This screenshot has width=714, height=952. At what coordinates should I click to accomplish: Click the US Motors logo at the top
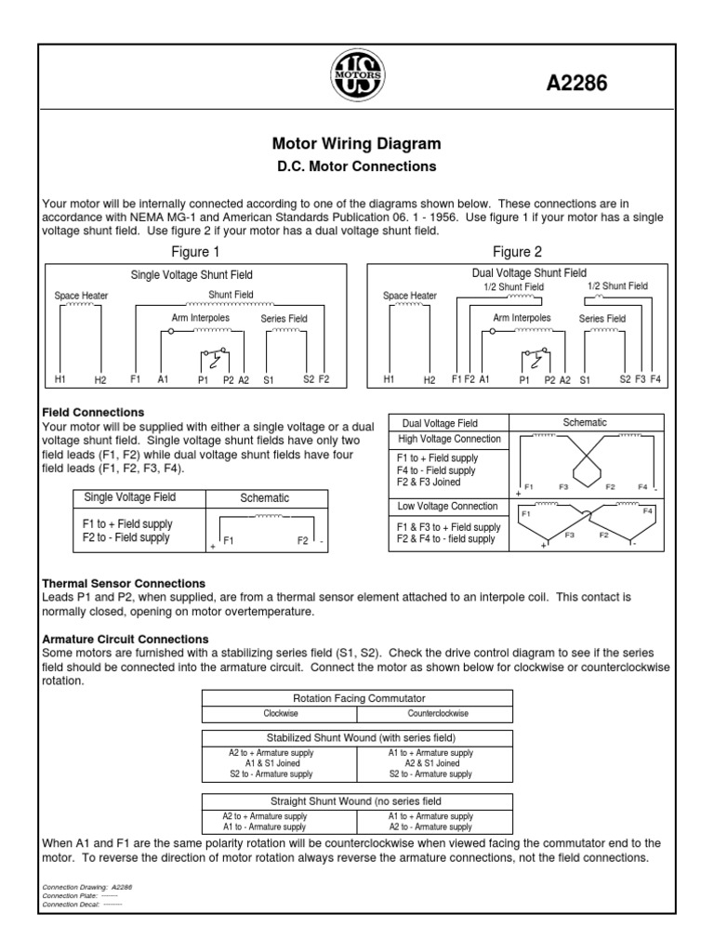click(357, 71)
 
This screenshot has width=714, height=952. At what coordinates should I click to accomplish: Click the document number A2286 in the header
click(575, 85)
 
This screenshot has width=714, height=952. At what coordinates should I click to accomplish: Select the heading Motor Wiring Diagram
click(356, 145)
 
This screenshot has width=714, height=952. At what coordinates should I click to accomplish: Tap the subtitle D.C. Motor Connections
click(357, 167)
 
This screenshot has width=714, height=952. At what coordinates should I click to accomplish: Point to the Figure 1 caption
click(196, 251)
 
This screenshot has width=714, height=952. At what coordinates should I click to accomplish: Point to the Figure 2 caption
click(517, 251)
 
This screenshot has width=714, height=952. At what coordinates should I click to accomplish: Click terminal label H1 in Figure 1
click(60, 379)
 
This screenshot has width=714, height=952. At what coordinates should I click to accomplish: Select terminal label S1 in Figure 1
click(270, 379)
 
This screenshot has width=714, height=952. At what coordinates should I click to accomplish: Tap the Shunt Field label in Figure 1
click(231, 294)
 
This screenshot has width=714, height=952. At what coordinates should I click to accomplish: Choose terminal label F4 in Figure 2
click(655, 379)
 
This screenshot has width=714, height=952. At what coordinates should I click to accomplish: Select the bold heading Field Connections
click(93, 412)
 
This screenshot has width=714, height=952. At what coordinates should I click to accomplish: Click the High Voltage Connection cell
click(450, 439)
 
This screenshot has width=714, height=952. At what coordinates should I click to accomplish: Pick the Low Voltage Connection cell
click(449, 507)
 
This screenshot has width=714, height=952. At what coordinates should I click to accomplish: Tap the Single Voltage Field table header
click(129, 497)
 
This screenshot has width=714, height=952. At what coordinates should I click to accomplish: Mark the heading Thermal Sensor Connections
click(124, 583)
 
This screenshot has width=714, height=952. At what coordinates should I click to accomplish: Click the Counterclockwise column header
click(434, 713)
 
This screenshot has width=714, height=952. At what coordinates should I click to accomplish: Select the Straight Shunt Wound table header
click(357, 800)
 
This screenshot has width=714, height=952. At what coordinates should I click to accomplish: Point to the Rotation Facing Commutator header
click(357, 697)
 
